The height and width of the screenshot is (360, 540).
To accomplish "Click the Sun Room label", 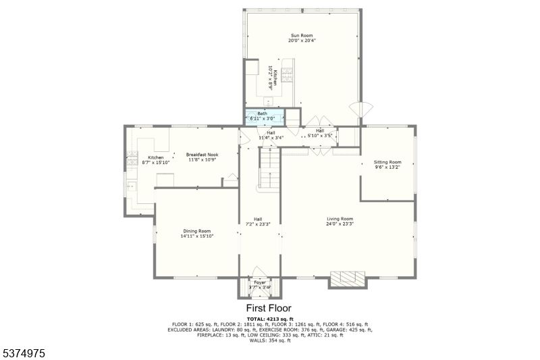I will click(x=302, y=35).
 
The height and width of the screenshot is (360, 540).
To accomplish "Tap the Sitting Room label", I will click(x=387, y=162).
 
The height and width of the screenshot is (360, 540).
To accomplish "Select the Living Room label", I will click(x=340, y=219).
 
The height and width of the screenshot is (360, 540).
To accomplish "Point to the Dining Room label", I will click(x=196, y=231).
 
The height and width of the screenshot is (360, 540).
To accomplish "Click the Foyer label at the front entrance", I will click(x=260, y=282).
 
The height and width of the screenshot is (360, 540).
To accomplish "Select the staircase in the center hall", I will click(x=269, y=169).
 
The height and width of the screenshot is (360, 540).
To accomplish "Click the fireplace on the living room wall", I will click(x=346, y=279).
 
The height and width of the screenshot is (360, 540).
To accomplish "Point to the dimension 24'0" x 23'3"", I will click(x=340, y=224).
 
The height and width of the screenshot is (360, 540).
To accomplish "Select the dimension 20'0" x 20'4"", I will click(x=302, y=41).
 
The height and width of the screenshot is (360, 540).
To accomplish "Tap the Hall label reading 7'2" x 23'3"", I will click(x=258, y=222).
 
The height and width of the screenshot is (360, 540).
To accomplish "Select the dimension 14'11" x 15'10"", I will click(x=196, y=236).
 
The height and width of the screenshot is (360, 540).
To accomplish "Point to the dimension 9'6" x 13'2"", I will click(x=387, y=168).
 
